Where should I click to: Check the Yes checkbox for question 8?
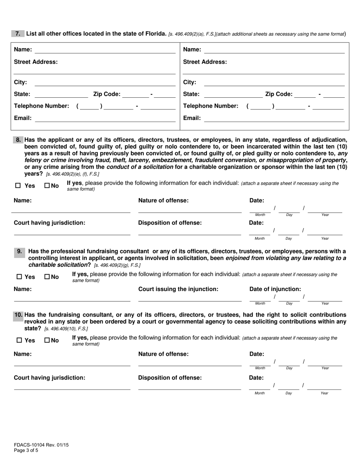[18, 186]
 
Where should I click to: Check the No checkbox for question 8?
[47, 186]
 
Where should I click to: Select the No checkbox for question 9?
[47, 277]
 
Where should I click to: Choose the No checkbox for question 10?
[47, 341]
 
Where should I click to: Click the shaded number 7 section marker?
[17, 33]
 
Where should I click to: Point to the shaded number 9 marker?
[20, 251]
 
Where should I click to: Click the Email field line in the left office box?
[105, 121]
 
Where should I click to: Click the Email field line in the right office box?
[274, 121]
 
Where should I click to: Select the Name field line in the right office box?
[274, 52]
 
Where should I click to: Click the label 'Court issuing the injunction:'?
[178, 289]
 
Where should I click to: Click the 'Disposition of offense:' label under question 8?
[170, 223]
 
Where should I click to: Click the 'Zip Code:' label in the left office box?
[106, 94]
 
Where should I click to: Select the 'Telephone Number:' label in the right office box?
[211, 106]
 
